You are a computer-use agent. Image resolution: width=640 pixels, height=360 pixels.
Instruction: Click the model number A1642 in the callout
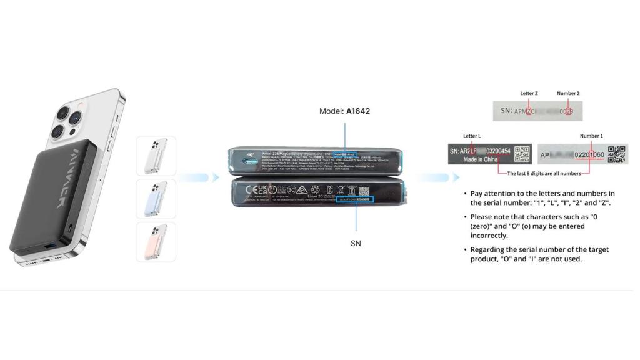(358, 111)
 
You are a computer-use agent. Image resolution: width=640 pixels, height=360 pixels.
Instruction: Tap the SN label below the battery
(356, 243)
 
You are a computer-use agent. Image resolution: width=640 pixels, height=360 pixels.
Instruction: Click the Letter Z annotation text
(529, 93)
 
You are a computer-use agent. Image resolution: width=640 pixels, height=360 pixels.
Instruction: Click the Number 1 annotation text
(591, 136)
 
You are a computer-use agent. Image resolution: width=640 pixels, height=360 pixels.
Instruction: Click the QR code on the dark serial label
(522, 154)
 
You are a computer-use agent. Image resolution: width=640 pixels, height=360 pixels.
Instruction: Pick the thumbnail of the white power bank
(156, 156)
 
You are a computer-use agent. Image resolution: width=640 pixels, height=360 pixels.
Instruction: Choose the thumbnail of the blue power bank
(156, 199)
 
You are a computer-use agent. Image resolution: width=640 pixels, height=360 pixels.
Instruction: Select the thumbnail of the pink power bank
(156, 242)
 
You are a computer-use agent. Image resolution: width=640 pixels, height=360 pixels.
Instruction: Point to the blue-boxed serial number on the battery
(354, 199)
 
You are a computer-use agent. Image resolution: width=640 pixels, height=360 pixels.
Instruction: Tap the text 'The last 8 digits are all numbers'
(544, 173)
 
